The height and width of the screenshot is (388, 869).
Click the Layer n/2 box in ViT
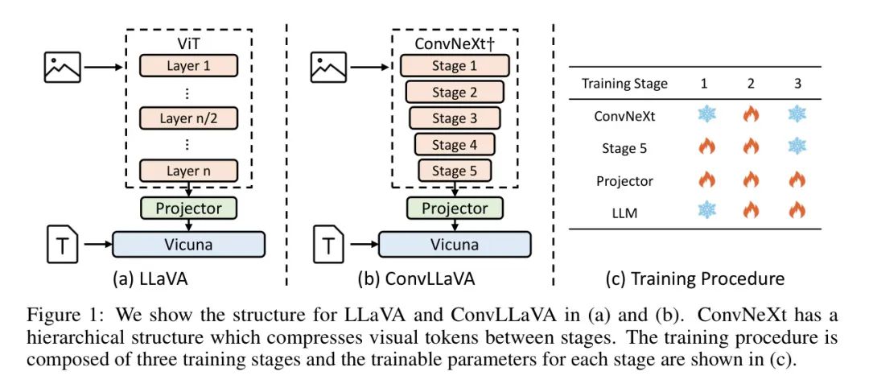(188, 119)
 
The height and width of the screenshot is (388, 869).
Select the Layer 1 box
(188, 65)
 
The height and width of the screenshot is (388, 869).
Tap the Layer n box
(188, 171)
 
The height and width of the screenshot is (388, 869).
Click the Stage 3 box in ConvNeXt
(455, 118)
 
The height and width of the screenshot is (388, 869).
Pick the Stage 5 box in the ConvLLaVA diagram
(455, 171)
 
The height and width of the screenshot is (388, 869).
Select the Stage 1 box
(455, 65)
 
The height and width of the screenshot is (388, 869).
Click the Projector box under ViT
(188, 208)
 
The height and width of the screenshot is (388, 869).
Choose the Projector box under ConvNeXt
(455, 208)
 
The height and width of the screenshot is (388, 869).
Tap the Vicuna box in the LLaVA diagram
(188, 243)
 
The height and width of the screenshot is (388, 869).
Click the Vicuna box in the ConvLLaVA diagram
(455, 243)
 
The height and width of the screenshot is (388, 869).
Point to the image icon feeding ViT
(62, 66)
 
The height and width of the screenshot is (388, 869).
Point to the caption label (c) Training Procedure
(694, 279)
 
